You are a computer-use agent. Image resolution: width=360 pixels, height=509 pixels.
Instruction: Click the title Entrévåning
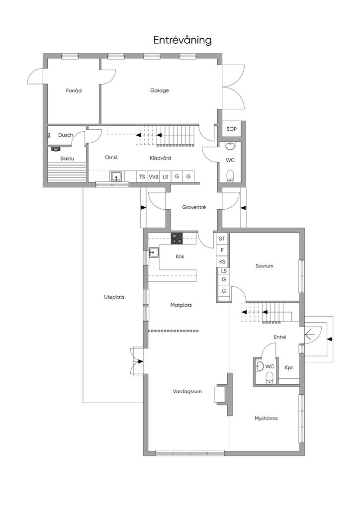pyautogui.click(x=182, y=40)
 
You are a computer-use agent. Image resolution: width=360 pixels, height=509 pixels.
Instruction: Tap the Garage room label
pyautogui.click(x=160, y=90)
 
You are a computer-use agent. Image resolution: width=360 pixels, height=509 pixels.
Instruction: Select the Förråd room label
pyautogui.click(x=74, y=90)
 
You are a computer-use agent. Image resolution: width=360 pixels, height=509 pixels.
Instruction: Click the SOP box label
pyautogui.click(x=231, y=129)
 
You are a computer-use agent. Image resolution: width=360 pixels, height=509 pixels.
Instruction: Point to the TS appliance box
pyautogui.click(x=142, y=177)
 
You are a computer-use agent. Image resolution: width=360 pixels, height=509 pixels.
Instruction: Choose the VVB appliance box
pyautogui.click(x=154, y=177)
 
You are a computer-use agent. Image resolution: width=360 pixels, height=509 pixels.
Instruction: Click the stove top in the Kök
pyautogui.click(x=177, y=239)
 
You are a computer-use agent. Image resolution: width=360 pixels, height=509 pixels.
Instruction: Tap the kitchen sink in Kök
pyautogui.click(x=154, y=252)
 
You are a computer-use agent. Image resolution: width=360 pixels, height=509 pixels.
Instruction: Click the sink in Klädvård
pyautogui.click(x=116, y=176)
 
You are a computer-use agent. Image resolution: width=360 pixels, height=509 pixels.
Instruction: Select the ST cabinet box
pyautogui.click(x=222, y=239)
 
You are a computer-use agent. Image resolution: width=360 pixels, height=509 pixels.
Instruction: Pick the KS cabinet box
pyautogui.click(x=222, y=261)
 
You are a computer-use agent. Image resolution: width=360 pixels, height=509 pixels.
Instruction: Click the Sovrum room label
pyautogui.click(x=264, y=266)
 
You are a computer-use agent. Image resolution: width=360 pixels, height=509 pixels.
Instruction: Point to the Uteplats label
pyautogui.click(x=114, y=297)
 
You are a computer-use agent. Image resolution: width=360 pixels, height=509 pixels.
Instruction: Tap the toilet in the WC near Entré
pyautogui.click(x=270, y=378)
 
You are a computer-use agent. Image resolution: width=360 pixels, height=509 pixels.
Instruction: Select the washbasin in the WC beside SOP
pyautogui.click(x=231, y=146)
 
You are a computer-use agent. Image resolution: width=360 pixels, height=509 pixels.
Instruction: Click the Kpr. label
pyautogui.click(x=289, y=368)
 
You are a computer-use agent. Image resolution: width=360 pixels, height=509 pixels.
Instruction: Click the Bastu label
pyautogui.click(x=67, y=159)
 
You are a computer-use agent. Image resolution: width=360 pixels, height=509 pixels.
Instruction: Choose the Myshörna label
pyautogui.click(x=266, y=419)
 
